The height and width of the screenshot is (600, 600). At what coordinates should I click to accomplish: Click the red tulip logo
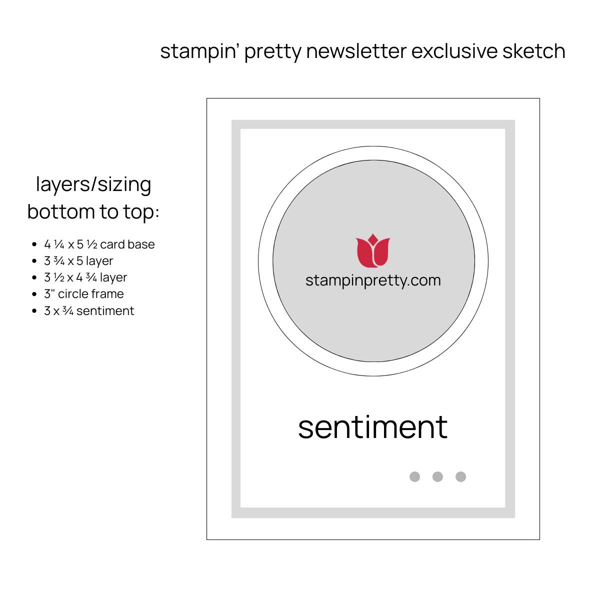pos(372,250)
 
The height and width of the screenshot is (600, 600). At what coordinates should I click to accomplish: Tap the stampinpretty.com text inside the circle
pos(373,281)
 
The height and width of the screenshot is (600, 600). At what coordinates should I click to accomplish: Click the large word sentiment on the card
pos(372,427)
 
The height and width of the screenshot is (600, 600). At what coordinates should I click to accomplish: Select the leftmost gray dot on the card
pos(414,476)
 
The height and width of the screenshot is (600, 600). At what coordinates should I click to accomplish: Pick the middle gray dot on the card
pos(437,476)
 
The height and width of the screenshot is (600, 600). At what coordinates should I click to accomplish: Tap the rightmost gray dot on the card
pos(460,476)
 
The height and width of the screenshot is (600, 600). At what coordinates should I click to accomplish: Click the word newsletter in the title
pos(356,51)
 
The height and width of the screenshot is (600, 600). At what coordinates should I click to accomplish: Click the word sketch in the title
pos(533,51)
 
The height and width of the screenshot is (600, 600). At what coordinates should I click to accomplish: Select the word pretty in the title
pos(273,52)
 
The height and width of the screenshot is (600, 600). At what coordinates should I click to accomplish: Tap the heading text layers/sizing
pos(93,184)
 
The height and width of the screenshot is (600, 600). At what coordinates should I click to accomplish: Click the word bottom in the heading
pos(61,211)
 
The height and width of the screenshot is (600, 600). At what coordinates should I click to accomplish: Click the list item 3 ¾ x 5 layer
pos(78,261)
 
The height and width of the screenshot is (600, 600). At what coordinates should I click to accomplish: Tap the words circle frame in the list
pos(90,294)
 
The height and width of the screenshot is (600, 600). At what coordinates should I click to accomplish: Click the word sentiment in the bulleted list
pos(105,310)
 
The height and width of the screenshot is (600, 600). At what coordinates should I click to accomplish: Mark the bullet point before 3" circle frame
pos(34,294)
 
